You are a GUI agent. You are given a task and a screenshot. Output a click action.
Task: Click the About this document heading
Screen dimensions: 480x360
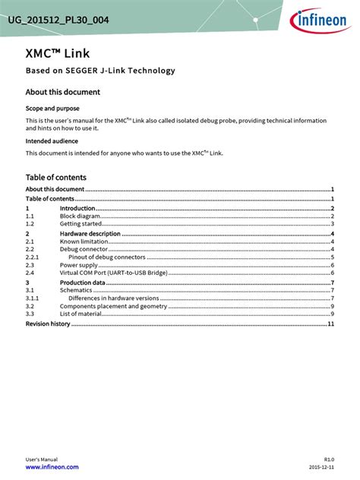click(62, 92)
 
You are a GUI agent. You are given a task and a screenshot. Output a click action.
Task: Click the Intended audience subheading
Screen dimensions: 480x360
click(52, 141)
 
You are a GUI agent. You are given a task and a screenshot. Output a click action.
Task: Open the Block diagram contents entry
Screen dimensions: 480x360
click(81, 216)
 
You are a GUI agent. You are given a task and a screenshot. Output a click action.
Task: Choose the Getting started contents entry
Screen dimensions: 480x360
click(81, 224)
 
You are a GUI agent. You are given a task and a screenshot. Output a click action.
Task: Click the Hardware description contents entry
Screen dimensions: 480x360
click(90, 234)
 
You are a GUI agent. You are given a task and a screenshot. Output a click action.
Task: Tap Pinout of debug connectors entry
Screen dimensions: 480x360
click(106, 257)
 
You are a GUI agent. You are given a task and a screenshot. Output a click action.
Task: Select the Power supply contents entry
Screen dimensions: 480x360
click(79, 265)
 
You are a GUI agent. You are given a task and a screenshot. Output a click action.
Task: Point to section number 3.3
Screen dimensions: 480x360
click(30, 314)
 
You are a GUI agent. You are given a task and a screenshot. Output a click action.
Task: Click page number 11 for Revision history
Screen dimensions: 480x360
click(331, 324)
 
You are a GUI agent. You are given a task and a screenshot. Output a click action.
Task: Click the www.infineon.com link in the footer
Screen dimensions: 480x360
click(52, 467)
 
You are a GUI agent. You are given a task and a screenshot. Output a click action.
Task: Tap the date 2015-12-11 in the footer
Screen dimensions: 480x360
click(321, 467)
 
